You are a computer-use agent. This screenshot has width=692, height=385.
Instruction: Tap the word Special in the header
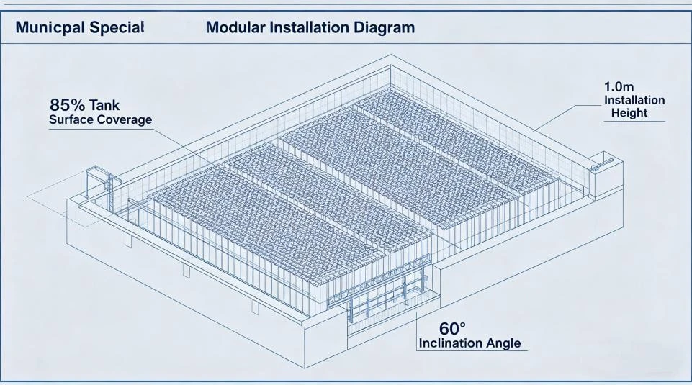(117, 27)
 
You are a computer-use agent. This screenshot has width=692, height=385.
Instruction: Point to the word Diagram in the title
(384, 28)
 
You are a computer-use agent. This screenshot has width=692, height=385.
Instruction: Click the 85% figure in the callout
(67, 105)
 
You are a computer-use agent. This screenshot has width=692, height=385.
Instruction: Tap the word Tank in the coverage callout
(104, 105)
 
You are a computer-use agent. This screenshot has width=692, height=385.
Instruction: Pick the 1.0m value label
(619, 86)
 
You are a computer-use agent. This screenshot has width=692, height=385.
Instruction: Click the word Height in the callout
(629, 113)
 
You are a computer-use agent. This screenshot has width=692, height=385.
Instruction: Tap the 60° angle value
(452, 329)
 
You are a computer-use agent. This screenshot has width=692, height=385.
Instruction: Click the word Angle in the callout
(503, 343)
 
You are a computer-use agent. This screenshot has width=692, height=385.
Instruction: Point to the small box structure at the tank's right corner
(606, 174)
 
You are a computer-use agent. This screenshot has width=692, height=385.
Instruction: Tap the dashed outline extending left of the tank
(56, 198)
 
